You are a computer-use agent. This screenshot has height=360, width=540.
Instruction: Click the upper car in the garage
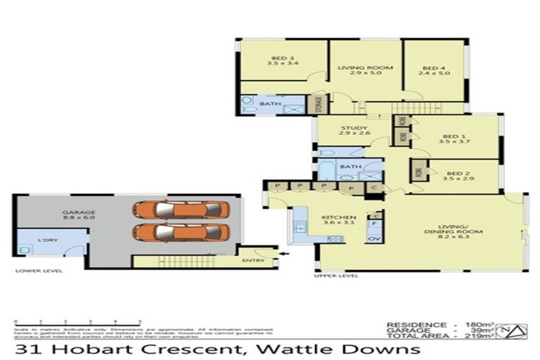pos(181,209)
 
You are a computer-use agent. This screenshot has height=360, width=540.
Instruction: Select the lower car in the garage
pos(181,232)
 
